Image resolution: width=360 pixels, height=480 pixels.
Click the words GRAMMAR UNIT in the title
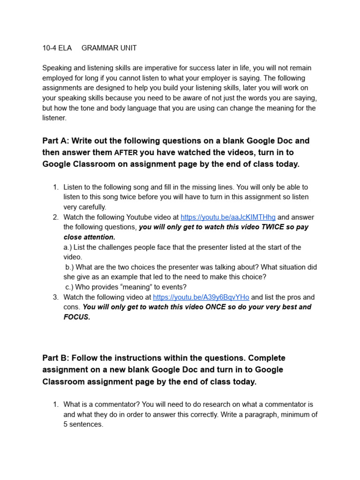pyautogui.click(x=109, y=48)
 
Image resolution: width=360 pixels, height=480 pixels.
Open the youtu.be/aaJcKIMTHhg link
pyautogui.click(x=228, y=217)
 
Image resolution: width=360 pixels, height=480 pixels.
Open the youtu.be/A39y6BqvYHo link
pyautogui.click(x=201, y=297)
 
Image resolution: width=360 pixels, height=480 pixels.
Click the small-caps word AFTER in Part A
pyautogui.click(x=126, y=153)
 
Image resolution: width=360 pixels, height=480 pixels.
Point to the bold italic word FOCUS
pyautogui.click(x=76, y=317)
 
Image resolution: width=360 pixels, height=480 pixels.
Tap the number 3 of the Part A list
pyautogui.click(x=55, y=297)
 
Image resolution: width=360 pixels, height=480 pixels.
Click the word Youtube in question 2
pyautogui.click(x=140, y=217)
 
